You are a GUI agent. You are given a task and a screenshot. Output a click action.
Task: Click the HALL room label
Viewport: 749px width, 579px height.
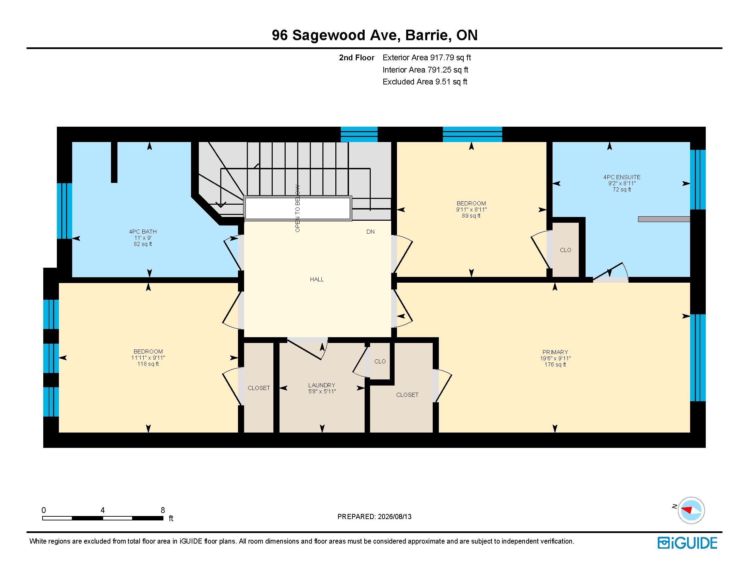[317, 279]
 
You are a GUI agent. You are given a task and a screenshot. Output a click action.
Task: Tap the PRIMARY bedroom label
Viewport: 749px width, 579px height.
[555, 352]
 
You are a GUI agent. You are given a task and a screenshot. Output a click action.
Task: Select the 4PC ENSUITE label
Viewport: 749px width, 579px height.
[622, 177]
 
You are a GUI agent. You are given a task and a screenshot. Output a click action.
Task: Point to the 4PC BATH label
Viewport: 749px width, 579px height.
[143, 232]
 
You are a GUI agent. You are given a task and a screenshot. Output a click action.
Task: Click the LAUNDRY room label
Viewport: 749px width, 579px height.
[321, 385]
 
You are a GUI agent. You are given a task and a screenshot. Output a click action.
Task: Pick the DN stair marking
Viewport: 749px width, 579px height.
[370, 232]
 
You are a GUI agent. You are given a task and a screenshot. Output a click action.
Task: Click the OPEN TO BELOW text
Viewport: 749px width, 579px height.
[297, 208]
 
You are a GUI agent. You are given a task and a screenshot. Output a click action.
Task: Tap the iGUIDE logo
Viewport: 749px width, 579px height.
[687, 543]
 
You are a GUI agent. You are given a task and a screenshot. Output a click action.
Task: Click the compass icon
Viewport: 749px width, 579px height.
[691, 510]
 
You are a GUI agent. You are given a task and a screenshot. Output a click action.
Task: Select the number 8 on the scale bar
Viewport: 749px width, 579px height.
[162, 510]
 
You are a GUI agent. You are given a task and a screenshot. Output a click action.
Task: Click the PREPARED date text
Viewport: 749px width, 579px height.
[374, 517]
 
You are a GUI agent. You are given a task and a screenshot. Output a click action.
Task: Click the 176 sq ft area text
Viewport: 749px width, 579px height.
[555, 365]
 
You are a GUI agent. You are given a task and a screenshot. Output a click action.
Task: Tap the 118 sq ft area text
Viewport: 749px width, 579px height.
[148, 364]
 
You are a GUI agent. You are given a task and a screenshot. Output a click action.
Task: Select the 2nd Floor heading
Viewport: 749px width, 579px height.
[357, 58]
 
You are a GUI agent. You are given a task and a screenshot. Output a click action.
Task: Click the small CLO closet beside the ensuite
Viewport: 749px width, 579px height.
[565, 250]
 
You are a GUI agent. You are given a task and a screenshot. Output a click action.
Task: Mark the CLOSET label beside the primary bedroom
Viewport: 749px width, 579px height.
[407, 395]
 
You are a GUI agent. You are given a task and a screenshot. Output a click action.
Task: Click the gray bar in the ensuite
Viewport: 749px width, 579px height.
[664, 219]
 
